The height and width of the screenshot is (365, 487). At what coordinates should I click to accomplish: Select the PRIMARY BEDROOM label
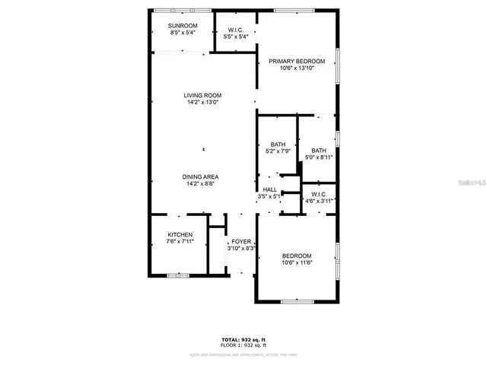(302, 62)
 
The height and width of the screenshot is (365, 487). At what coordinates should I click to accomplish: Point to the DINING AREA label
(200, 176)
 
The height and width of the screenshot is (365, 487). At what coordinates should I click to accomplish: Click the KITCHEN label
(180, 235)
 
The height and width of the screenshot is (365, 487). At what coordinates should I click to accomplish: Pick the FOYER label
(241, 241)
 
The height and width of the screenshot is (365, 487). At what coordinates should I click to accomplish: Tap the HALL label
(270, 189)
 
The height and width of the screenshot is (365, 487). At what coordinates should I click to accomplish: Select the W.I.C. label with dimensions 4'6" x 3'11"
(319, 194)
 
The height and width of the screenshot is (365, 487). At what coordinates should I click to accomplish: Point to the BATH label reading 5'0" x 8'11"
(318, 151)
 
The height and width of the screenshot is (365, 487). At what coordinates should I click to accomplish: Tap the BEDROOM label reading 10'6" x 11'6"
(297, 256)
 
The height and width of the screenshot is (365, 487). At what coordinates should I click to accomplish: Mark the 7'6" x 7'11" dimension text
(180, 242)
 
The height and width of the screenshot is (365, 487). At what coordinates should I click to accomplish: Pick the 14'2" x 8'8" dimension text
(200, 183)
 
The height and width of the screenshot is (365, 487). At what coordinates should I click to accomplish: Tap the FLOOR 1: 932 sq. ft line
(243, 345)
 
